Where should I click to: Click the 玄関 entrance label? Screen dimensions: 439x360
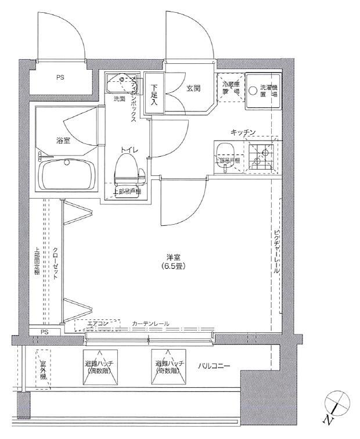pos(193,88)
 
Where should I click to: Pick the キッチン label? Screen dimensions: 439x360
pos(243,132)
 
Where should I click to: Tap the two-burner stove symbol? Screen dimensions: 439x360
pos(262,155)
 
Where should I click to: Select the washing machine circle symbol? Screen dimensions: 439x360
pos(253,91)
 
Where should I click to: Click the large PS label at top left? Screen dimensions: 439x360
pos(60,77)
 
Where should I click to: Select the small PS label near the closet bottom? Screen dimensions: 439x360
pos(45,332)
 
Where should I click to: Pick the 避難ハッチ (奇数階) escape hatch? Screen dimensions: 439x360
pos(170,366)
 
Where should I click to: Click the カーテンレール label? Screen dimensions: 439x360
pos(150,323)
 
